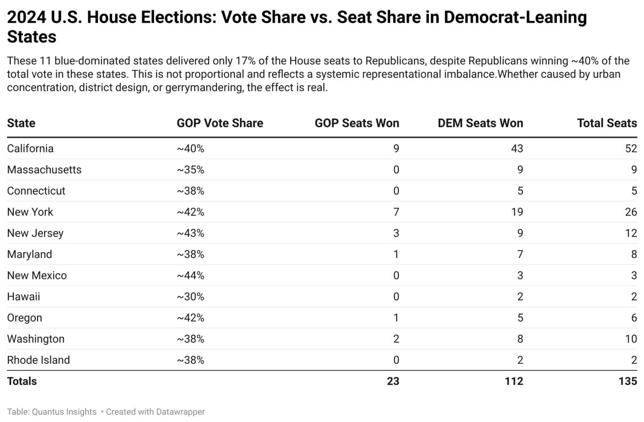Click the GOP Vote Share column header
[x=219, y=123]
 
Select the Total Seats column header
[x=606, y=123]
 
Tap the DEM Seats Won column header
[x=480, y=123]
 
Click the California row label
[x=30, y=148]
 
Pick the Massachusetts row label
[x=44, y=170]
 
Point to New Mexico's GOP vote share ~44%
[x=190, y=275]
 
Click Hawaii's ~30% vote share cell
[x=190, y=297]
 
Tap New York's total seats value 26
[x=631, y=212]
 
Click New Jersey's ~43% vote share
[x=190, y=233]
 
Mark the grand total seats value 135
[x=627, y=381]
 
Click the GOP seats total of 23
[x=392, y=381]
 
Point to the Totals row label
[x=21, y=381]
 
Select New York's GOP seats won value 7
[x=396, y=212]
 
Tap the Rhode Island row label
[x=38, y=360]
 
